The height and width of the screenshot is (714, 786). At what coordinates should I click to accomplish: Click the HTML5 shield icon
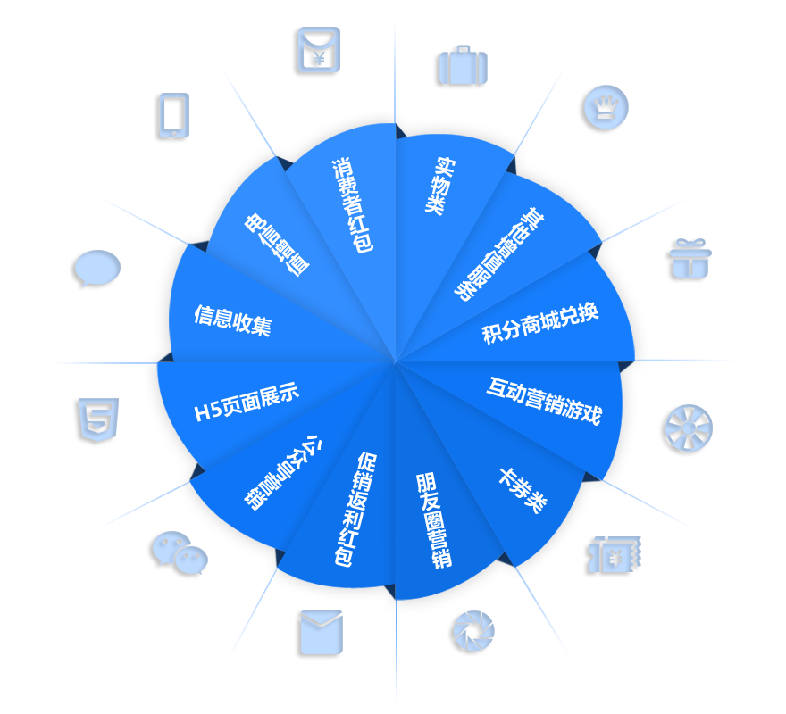coord(96,422)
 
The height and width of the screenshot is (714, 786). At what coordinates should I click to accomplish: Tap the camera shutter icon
coord(472,633)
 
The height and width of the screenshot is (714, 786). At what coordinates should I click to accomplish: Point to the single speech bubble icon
coord(96,268)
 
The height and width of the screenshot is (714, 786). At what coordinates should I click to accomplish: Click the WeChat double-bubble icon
coord(180,554)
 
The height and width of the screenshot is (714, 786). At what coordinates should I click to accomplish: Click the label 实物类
coord(436,185)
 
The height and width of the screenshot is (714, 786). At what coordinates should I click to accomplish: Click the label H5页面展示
coord(247,403)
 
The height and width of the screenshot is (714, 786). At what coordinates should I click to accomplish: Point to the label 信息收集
coord(232,320)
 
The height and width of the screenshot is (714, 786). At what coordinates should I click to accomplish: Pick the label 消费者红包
coord(352,204)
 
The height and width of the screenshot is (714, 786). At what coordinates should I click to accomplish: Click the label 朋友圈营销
coord(434,520)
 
